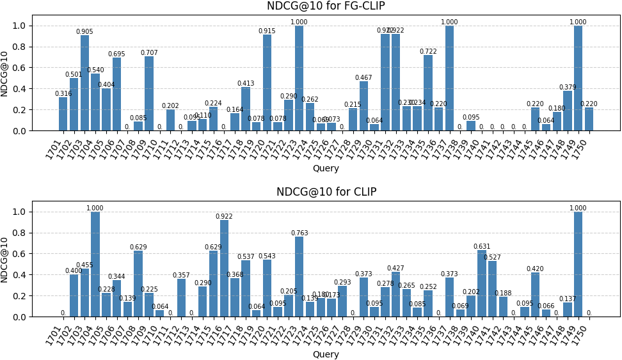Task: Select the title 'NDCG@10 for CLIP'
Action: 326,192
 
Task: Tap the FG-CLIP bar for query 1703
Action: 84,83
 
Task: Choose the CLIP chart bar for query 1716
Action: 224,269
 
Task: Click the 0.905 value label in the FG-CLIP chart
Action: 84,32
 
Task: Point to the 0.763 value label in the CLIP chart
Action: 299,233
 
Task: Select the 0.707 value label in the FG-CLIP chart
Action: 149,53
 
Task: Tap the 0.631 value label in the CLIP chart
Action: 481,247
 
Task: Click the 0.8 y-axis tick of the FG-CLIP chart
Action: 20,47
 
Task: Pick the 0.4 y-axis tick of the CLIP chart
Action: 20,275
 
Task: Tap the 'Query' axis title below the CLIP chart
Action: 326,354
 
